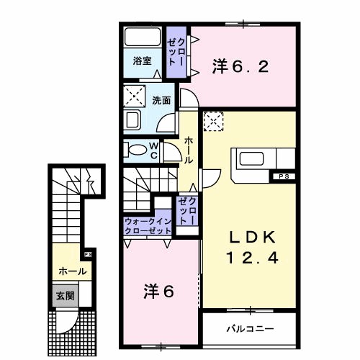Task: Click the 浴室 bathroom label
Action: pos(142,62)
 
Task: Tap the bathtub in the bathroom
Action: pos(142,37)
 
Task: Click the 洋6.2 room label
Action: pos(240,67)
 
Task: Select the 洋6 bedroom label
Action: pos(159,293)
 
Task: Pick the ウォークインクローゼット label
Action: pos(148,226)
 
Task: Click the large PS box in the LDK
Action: pos(281,175)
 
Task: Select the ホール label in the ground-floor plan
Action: pos(73,271)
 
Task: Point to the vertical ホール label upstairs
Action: pos(188,149)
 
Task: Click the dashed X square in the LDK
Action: pos(214,122)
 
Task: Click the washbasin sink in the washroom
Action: pos(133,119)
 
